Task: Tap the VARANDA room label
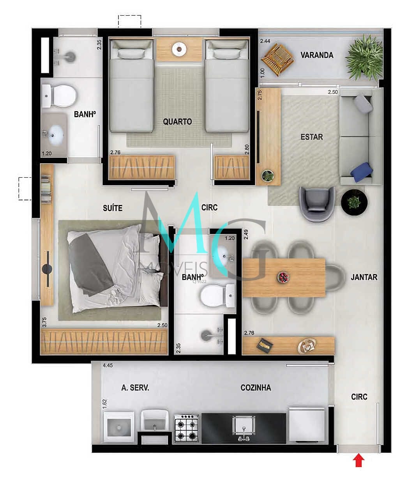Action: (317, 55)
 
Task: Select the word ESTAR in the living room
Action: (311, 137)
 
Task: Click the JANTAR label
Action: (364, 277)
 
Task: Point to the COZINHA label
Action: (256, 388)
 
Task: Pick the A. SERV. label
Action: (135, 388)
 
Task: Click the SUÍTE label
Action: (113, 208)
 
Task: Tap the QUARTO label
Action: (177, 122)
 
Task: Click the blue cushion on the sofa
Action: (361, 172)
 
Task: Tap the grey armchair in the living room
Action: (317, 204)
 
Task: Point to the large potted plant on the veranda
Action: (364, 58)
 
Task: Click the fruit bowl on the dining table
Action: (283, 277)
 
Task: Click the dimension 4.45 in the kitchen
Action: (108, 365)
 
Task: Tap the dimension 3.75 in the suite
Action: (44, 322)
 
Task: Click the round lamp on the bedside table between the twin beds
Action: (179, 49)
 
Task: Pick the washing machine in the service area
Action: (119, 427)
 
